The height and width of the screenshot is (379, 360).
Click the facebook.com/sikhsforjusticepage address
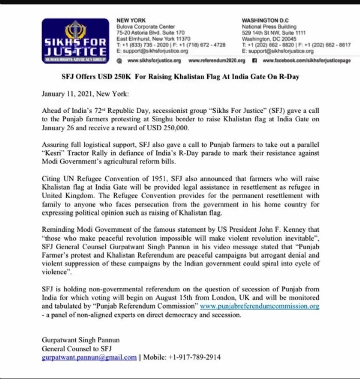(305, 61)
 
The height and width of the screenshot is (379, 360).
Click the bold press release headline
(180, 78)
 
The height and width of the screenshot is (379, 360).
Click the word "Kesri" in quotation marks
(55, 154)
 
